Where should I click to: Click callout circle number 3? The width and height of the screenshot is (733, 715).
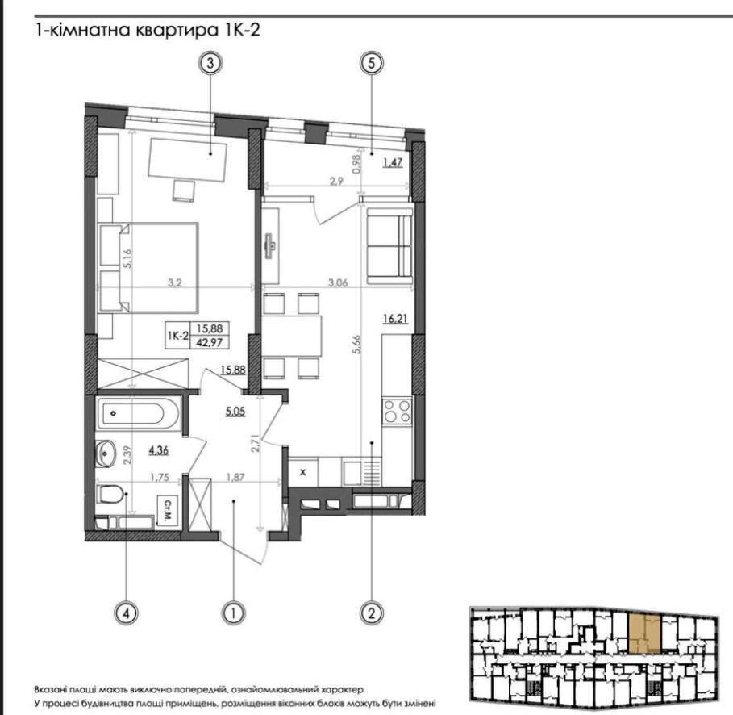(210, 63)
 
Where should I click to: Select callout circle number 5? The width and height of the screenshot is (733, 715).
(372, 63)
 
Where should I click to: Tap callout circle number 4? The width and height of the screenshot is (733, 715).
(127, 613)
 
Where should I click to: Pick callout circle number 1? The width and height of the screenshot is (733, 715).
(233, 613)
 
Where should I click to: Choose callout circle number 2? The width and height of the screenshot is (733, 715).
(372, 613)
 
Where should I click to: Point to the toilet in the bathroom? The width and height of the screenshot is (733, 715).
(110, 494)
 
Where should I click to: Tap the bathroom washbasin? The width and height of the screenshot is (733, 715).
(106, 453)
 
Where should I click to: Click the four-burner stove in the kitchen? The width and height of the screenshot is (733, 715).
(397, 411)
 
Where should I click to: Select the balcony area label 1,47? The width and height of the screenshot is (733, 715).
(393, 163)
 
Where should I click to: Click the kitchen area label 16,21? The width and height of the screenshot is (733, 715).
(395, 319)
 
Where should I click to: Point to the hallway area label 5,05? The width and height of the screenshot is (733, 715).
(235, 412)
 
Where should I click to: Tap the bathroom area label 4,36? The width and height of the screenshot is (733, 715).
(159, 450)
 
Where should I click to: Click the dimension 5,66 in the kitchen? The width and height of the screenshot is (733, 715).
(357, 345)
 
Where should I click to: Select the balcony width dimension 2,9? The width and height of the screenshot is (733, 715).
(336, 181)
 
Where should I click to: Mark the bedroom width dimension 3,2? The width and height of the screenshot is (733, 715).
(175, 282)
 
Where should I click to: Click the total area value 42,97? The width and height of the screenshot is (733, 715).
(210, 342)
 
